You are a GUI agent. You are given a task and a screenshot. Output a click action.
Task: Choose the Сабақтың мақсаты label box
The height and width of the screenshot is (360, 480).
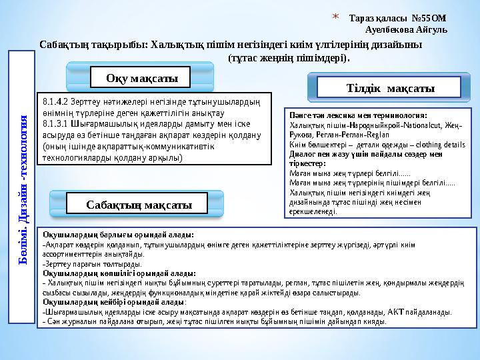(x=139, y=205)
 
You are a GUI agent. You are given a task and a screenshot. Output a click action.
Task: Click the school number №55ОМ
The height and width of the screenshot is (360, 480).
(x=413, y=17)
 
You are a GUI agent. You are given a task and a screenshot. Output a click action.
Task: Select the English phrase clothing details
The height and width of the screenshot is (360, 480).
(x=441, y=143)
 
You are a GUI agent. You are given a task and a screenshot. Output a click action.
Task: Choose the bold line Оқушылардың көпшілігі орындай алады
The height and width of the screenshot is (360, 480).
(x=119, y=273)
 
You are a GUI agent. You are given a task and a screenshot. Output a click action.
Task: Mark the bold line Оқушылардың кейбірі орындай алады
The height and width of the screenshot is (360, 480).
(x=113, y=302)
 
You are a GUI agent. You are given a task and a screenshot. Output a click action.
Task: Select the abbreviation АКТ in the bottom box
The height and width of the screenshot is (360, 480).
(x=399, y=311)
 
